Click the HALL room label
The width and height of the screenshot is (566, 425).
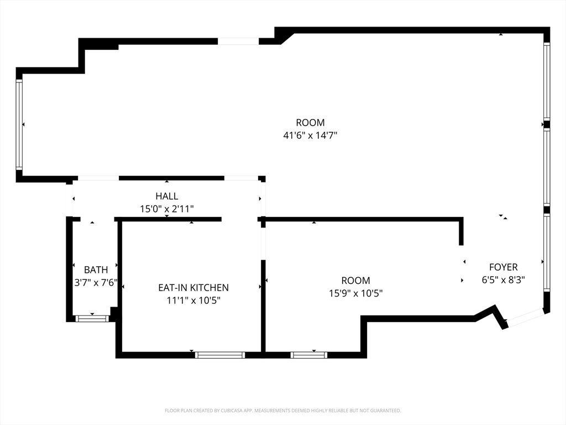(x=166, y=196)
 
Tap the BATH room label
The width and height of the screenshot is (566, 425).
(x=96, y=270)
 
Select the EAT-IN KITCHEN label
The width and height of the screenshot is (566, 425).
(x=193, y=288)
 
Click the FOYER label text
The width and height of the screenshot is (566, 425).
(x=503, y=267)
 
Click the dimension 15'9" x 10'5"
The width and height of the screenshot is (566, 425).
(x=355, y=293)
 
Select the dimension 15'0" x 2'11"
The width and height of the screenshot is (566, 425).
(x=166, y=209)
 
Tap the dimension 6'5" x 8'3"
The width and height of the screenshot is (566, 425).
(x=503, y=280)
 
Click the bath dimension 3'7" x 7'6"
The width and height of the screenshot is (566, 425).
(x=96, y=282)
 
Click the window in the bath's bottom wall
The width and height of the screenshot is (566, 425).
(x=92, y=318)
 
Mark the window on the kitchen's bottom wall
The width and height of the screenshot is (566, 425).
(x=220, y=355)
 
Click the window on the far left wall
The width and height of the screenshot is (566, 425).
(x=19, y=125)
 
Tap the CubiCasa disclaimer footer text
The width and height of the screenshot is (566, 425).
(x=282, y=411)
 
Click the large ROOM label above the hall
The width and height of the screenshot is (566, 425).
(x=310, y=123)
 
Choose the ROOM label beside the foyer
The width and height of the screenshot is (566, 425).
(x=355, y=281)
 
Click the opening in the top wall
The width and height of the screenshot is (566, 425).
(x=238, y=41)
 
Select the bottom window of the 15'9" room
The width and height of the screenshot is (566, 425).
(x=309, y=355)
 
